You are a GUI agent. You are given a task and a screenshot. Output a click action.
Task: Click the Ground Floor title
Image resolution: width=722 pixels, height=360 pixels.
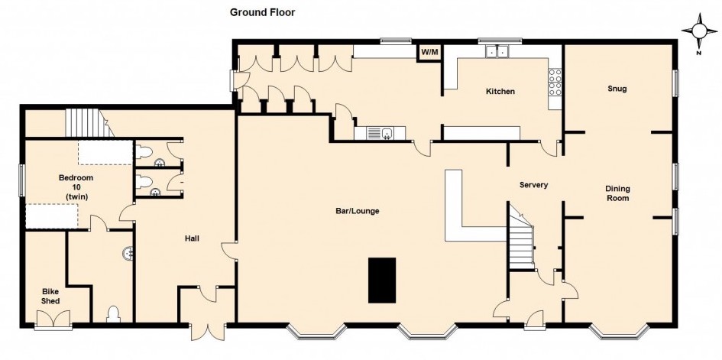[x=263, y=12]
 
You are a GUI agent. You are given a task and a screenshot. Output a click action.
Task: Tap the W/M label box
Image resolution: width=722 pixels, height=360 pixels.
[x=429, y=51]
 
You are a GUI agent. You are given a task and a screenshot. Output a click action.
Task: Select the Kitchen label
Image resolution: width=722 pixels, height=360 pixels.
[x=500, y=92]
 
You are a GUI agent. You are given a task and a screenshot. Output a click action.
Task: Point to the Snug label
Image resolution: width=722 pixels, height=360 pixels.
[x=617, y=89]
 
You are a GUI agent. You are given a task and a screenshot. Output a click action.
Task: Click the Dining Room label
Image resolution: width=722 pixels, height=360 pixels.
[x=617, y=193]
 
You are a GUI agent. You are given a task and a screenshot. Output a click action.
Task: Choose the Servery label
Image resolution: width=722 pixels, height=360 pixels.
[x=534, y=185]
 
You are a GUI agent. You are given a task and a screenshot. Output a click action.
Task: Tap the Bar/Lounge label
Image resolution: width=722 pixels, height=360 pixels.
[x=358, y=211]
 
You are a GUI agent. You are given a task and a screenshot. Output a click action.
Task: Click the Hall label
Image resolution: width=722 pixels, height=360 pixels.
[x=192, y=238]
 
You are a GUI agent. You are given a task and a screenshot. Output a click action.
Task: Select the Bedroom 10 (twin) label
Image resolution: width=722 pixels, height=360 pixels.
[x=76, y=187]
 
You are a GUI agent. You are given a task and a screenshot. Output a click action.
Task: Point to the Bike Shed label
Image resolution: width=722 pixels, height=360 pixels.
[x=50, y=296]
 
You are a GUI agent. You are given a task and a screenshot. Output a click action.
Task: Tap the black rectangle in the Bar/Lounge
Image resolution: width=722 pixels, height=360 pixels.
[x=382, y=280]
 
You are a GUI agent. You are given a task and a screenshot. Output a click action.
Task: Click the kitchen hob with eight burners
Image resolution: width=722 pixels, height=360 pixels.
[x=555, y=82]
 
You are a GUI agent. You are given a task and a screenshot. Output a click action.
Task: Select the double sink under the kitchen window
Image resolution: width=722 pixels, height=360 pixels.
[x=497, y=51]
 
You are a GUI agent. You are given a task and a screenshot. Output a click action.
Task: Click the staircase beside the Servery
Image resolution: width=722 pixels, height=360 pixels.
[x=521, y=237]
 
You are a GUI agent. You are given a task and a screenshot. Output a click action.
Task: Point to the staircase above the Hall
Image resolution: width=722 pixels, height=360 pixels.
[x=89, y=122]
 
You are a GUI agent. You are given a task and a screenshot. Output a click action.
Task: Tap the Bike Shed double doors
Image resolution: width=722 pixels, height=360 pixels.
[x=53, y=319]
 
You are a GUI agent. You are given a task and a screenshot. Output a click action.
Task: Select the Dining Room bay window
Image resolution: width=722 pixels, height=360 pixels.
[x=620, y=332]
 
